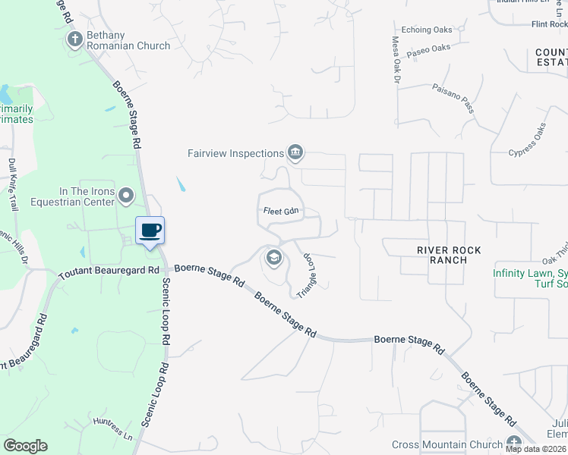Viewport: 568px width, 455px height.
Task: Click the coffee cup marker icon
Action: click(150, 231)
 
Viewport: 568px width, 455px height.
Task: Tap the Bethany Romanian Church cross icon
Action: click(75, 39)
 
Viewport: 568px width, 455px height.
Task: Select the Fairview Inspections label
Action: click(235, 153)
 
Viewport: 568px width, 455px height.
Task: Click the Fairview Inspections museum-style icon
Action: click(295, 153)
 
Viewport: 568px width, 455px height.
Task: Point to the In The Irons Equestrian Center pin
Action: click(126, 196)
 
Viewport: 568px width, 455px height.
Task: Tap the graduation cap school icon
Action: click(273, 259)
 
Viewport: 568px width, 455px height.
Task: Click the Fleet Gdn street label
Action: click(279, 212)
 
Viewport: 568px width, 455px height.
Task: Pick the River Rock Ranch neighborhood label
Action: click(449, 255)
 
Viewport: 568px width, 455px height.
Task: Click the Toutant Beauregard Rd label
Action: click(108, 269)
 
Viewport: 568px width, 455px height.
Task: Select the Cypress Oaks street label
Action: click(529, 140)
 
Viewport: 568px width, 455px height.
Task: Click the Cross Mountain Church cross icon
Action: click(514, 444)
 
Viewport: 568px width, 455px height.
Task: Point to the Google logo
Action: click(25, 446)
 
